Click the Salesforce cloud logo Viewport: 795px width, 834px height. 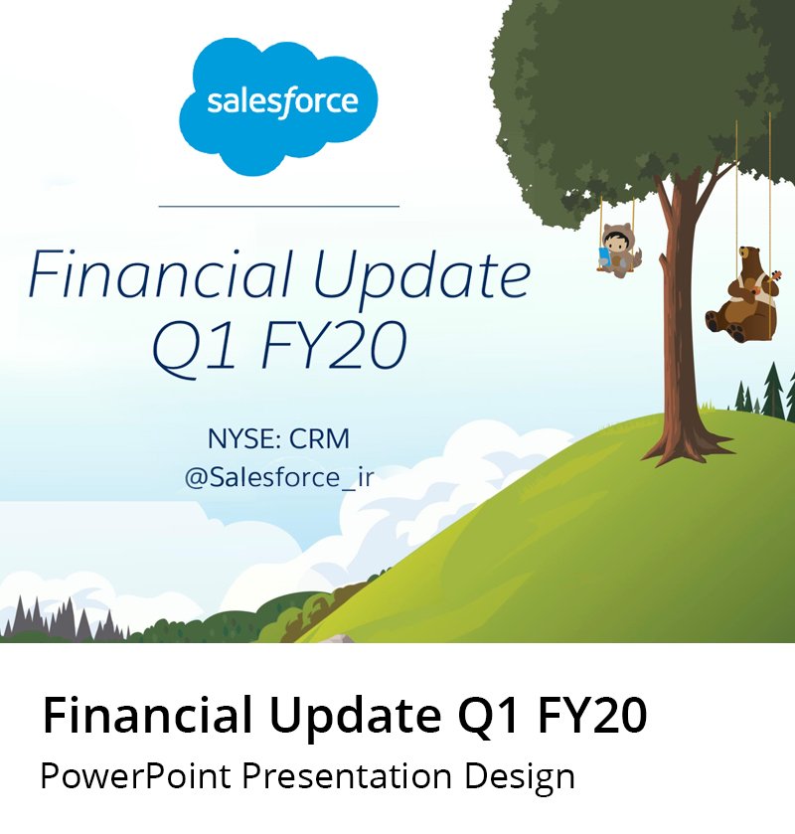coord(278,105)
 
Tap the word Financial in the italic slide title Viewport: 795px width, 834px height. coord(161,274)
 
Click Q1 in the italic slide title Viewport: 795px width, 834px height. coord(193,346)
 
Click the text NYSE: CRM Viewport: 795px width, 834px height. coord(278,438)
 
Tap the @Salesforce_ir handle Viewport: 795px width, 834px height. coord(279,477)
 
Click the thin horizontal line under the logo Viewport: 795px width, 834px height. coord(278,206)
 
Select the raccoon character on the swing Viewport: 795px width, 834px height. coord(618,250)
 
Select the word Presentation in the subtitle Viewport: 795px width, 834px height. coord(347,776)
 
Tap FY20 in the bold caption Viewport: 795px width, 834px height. coord(592,716)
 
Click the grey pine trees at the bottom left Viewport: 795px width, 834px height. coord(63,618)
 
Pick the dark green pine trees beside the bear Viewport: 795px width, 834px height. coord(766,391)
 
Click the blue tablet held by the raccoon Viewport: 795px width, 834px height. coord(604,255)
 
